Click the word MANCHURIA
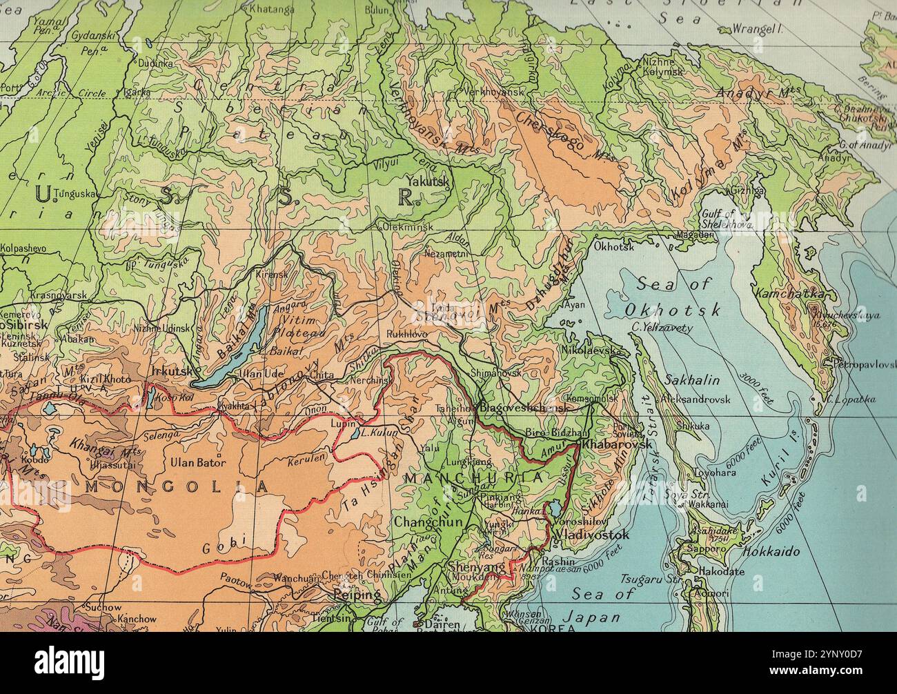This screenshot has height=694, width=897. click(x=473, y=478)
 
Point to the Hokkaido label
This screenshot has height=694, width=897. click(x=771, y=552)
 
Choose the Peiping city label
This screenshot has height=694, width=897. click(x=357, y=594)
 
